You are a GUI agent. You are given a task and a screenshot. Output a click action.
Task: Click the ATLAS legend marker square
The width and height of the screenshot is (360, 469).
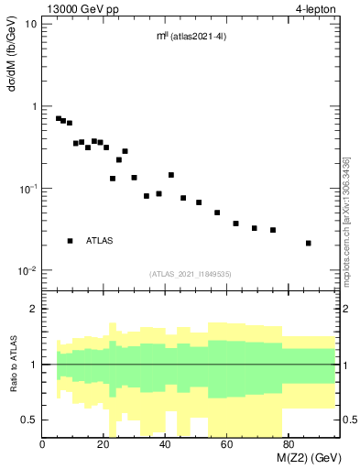(70, 241)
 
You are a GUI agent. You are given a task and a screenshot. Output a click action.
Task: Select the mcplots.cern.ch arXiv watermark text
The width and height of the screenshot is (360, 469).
(346, 230)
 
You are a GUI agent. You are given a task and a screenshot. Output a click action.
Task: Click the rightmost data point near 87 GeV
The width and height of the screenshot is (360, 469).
(309, 243)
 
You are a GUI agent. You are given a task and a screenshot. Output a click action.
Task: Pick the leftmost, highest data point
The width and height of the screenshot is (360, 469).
(59, 118)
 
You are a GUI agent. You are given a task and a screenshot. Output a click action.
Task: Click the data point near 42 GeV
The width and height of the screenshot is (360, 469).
(171, 174)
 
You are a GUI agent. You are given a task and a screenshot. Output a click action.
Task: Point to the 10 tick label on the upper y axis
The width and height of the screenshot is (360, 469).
(31, 24)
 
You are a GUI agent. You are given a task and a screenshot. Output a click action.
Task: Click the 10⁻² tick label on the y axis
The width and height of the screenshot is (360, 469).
(27, 271)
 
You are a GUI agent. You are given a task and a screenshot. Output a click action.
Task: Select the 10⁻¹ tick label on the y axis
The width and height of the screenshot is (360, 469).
(27, 189)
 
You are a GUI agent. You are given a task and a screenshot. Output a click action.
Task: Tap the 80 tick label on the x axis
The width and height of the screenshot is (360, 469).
(288, 444)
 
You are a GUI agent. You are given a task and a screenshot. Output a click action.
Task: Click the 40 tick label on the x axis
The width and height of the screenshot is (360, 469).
(165, 444)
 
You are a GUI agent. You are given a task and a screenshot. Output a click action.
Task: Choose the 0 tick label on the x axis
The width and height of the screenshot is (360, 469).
(43, 444)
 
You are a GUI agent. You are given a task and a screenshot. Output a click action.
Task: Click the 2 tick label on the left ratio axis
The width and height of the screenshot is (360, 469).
(33, 309)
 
